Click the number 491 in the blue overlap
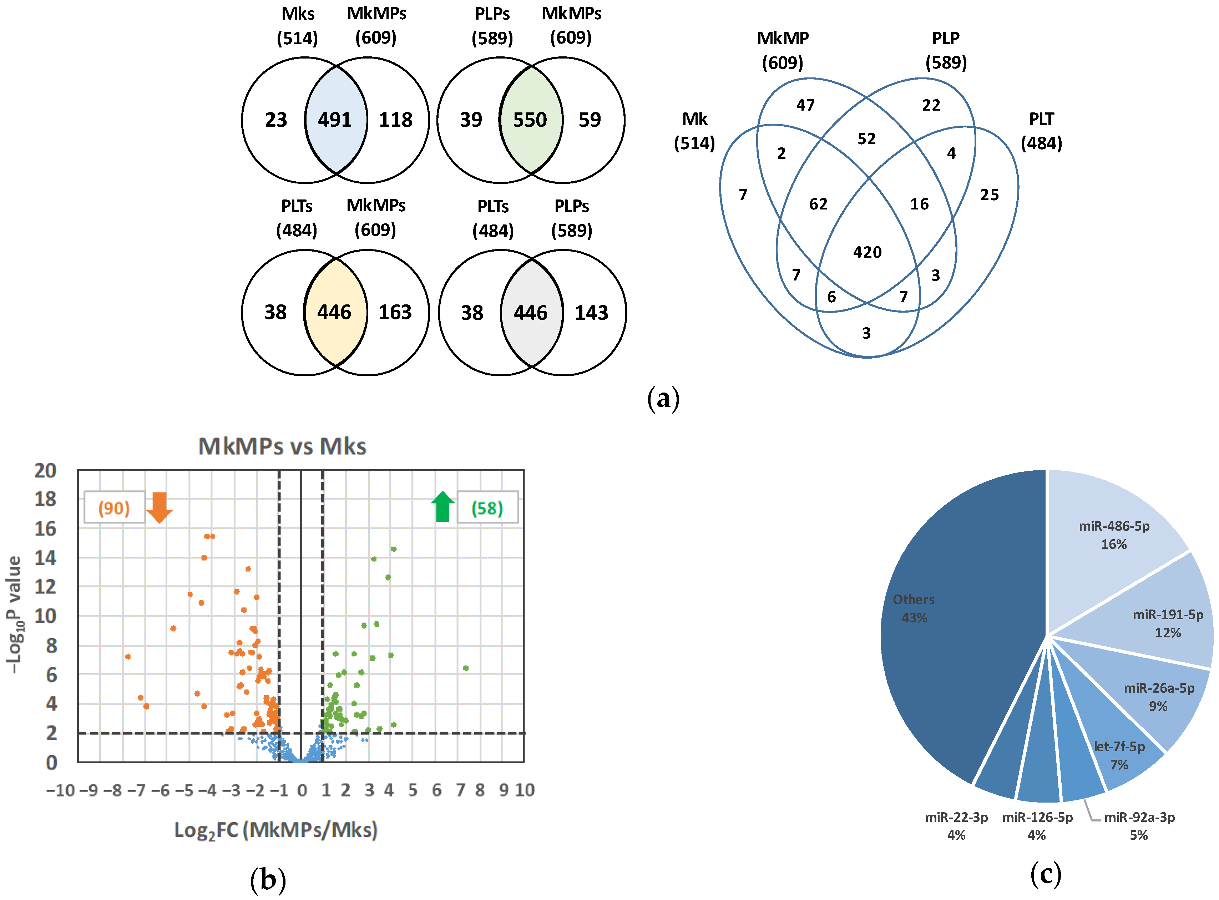pos(334,120)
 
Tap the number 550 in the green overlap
pos(530,120)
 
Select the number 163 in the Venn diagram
pos(395,312)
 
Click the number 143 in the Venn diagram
pos(592,313)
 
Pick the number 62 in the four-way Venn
pos(818,204)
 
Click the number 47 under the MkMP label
pos(805,105)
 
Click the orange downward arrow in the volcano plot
pos(160,507)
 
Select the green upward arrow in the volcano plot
pos(443,507)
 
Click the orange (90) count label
pos(114,508)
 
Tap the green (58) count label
pos(487,508)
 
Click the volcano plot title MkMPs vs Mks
pos(282,446)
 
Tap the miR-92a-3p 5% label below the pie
pos(1139,826)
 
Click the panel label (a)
pos(663,399)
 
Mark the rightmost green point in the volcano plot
pos(466,668)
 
